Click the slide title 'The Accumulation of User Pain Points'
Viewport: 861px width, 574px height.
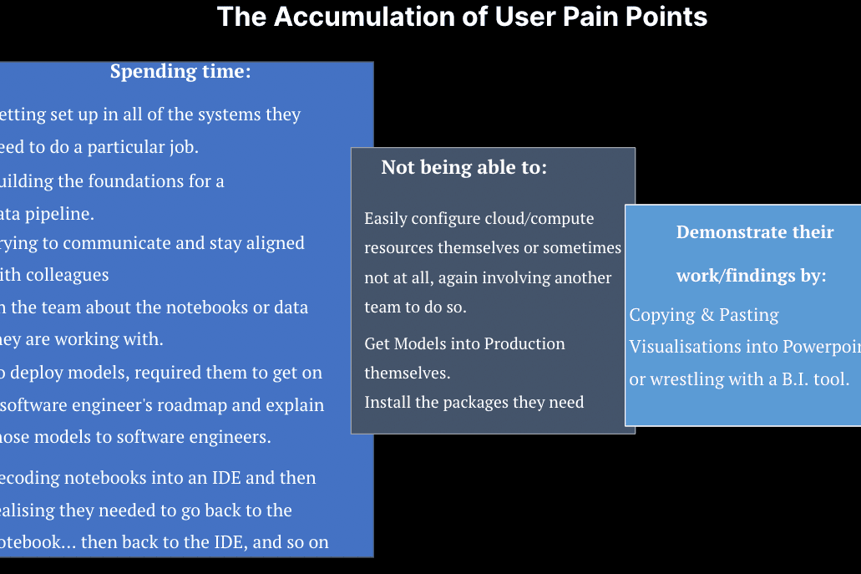462,17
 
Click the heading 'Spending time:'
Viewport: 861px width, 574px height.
180,72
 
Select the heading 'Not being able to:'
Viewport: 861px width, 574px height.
463,167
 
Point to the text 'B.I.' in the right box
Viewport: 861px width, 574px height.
777,379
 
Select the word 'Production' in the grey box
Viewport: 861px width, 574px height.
524,343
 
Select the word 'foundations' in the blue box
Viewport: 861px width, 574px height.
132,181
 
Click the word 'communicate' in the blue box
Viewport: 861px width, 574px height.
122,243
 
